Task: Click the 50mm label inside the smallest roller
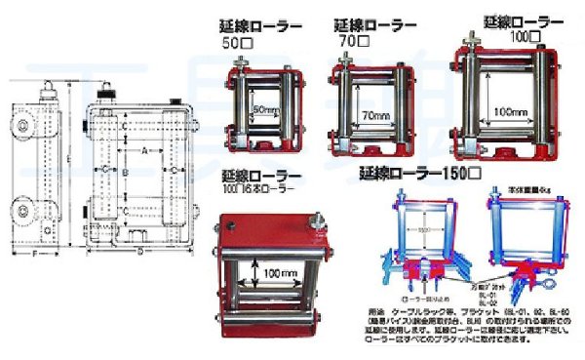click(265, 109)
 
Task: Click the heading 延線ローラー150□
click(419, 174)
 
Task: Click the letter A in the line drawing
click(144, 152)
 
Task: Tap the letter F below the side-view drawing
click(36, 255)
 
